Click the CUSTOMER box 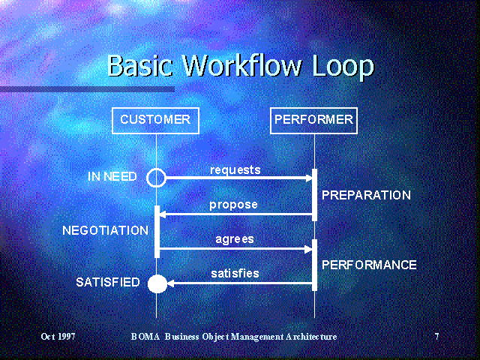click(x=155, y=120)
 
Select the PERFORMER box click(x=313, y=120)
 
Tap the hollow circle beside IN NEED click(x=156, y=178)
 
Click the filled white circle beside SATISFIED click(x=157, y=283)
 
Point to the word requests click(x=235, y=170)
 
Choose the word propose click(x=233, y=205)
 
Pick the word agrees click(x=234, y=240)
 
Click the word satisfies click(x=235, y=274)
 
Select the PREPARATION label click(x=366, y=195)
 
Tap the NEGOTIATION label click(x=105, y=231)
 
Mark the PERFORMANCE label click(x=369, y=265)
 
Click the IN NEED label click(x=112, y=177)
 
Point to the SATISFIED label click(x=108, y=283)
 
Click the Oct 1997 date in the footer click(x=58, y=337)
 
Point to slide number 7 click(x=436, y=337)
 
